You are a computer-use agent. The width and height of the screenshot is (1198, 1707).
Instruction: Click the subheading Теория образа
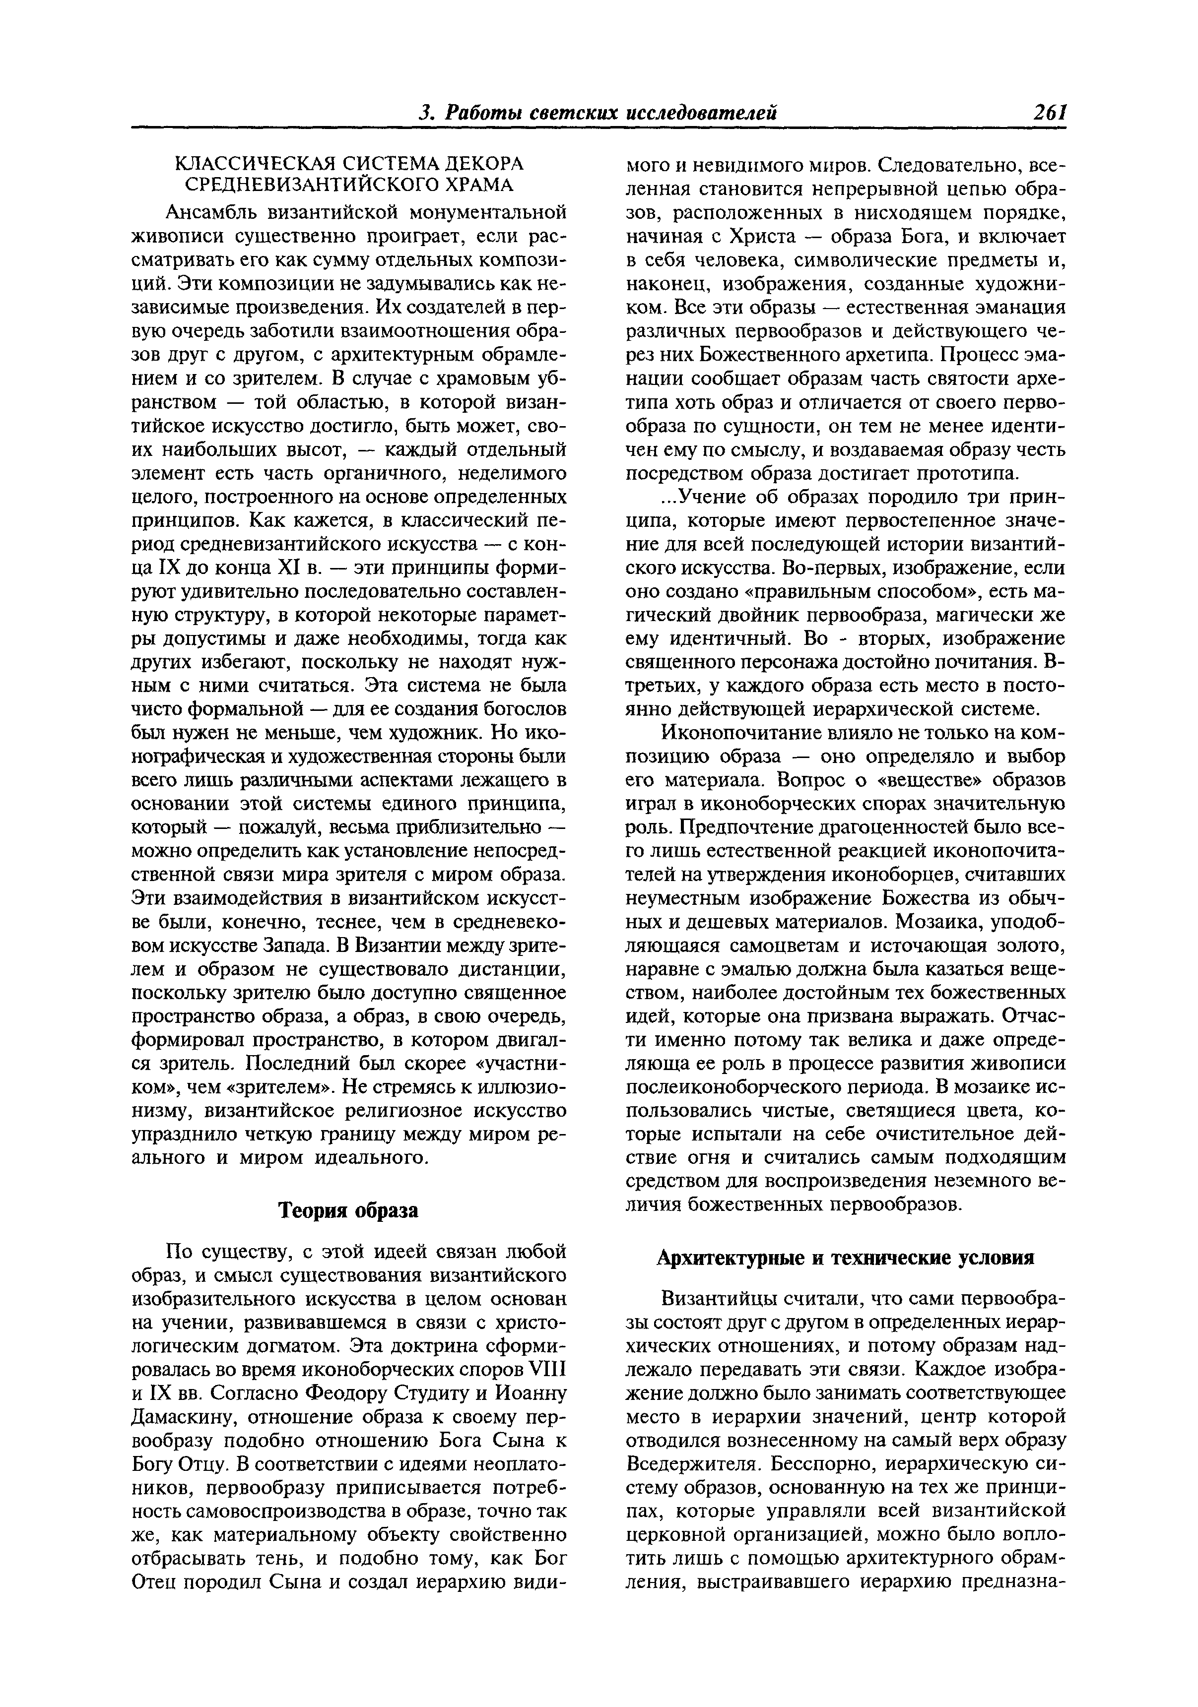[x=348, y=1210]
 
